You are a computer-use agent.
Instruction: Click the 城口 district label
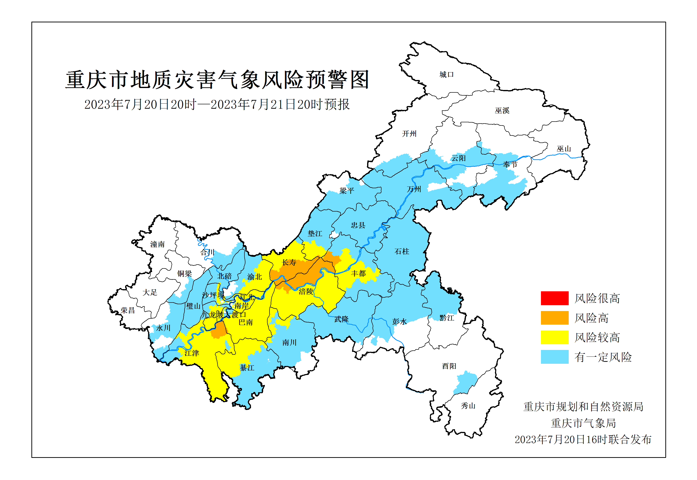446,75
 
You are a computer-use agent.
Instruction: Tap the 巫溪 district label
502,111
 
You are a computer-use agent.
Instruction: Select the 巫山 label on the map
564,149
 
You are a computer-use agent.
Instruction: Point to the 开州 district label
409,134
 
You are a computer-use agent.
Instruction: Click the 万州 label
414,189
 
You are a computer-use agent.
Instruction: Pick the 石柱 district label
402,251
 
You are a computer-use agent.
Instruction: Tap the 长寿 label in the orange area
289,263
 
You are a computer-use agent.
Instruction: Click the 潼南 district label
158,244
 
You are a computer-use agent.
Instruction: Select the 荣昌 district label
128,310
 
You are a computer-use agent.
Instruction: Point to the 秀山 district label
468,406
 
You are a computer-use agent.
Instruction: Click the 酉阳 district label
449,366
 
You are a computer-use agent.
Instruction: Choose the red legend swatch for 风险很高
554,298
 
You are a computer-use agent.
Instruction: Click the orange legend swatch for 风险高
554,318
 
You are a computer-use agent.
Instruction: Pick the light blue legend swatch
554,357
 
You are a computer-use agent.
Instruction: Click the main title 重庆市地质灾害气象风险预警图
217,80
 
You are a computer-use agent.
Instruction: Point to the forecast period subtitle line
217,105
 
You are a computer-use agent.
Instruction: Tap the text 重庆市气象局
583,423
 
